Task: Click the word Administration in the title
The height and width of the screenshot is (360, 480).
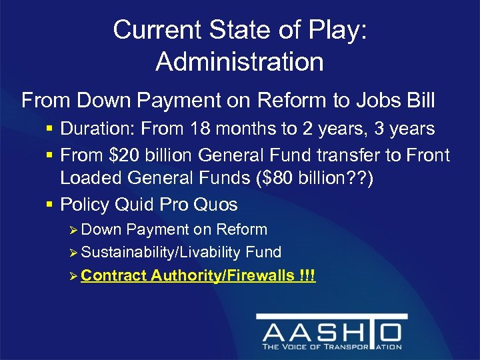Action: pos(239,62)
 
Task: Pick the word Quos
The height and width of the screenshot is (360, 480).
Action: pos(214,204)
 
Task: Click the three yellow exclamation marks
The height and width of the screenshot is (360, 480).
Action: pos(307,275)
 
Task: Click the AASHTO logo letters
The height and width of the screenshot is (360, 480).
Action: pos(332,332)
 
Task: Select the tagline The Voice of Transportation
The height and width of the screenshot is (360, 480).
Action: pos(332,347)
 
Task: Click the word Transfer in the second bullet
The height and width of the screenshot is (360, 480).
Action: pos(351,155)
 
